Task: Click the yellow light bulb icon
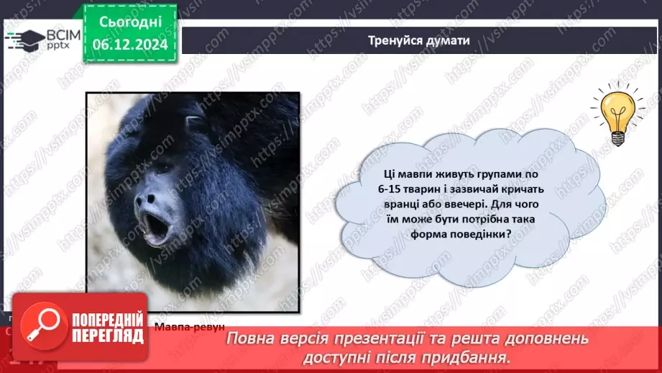617,114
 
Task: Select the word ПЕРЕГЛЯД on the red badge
102,338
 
